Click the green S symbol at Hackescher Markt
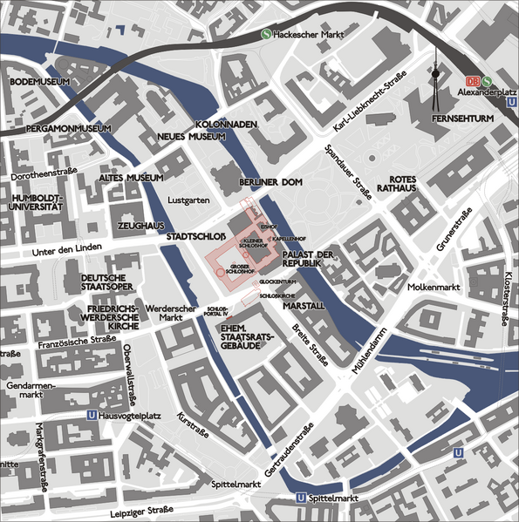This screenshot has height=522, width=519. point(266,35)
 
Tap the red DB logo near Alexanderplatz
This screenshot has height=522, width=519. point(473,78)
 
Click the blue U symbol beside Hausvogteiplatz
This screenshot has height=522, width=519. point(92,417)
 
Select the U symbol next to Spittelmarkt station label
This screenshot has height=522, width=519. point(301,498)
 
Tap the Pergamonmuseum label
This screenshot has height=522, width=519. point(58,129)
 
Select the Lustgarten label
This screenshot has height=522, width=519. point(189,200)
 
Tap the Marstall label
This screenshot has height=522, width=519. point(304,306)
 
